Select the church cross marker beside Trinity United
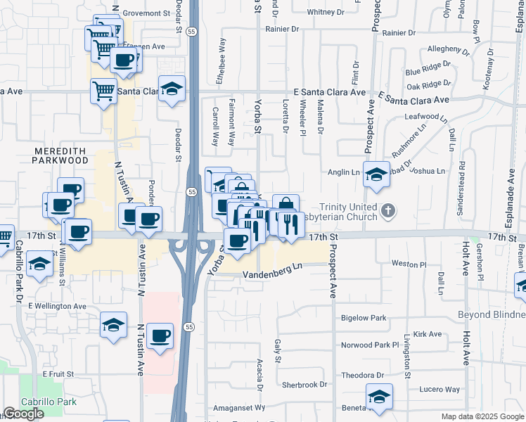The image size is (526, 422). (x=387, y=210)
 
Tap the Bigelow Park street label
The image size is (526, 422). (x=364, y=318)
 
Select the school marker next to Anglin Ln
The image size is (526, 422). (x=377, y=174)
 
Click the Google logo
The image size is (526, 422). (x=23, y=414)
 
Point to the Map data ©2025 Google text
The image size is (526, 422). (x=482, y=416)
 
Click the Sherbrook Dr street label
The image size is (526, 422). (x=304, y=385)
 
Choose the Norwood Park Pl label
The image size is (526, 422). (x=370, y=345)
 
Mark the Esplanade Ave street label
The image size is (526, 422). (x=508, y=183)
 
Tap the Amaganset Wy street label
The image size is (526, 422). (x=239, y=407)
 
